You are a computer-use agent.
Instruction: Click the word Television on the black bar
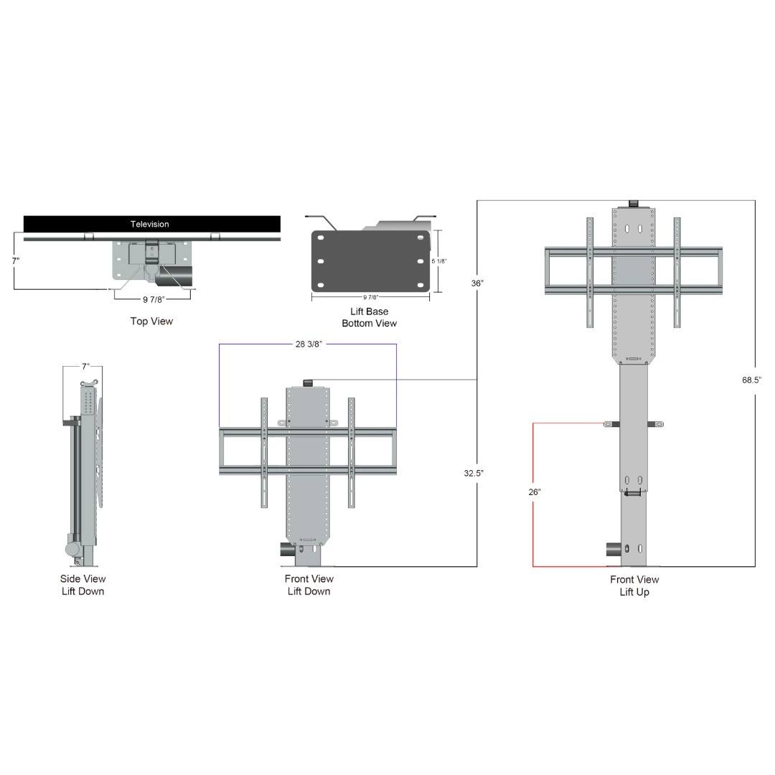pos(150,224)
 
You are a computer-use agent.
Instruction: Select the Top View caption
pos(151,321)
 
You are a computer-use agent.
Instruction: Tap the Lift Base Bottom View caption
pos(369,317)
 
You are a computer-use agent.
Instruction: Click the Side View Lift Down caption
pos(83,585)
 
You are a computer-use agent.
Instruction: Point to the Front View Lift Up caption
pos(634,586)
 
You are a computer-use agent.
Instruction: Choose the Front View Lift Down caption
pos(309,585)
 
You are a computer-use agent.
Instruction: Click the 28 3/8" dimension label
pos(309,344)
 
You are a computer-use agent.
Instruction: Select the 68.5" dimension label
pos(751,380)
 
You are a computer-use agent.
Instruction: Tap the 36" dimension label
pos(477,283)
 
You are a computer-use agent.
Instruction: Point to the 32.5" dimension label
pos(474,474)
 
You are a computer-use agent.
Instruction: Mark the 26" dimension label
pos(534,492)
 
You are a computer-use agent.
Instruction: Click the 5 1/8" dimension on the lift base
pos(438,261)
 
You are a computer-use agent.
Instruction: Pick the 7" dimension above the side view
pos(85,367)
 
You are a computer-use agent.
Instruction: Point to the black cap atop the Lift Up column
pos(633,205)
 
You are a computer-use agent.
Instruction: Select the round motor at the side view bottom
pos(73,550)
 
